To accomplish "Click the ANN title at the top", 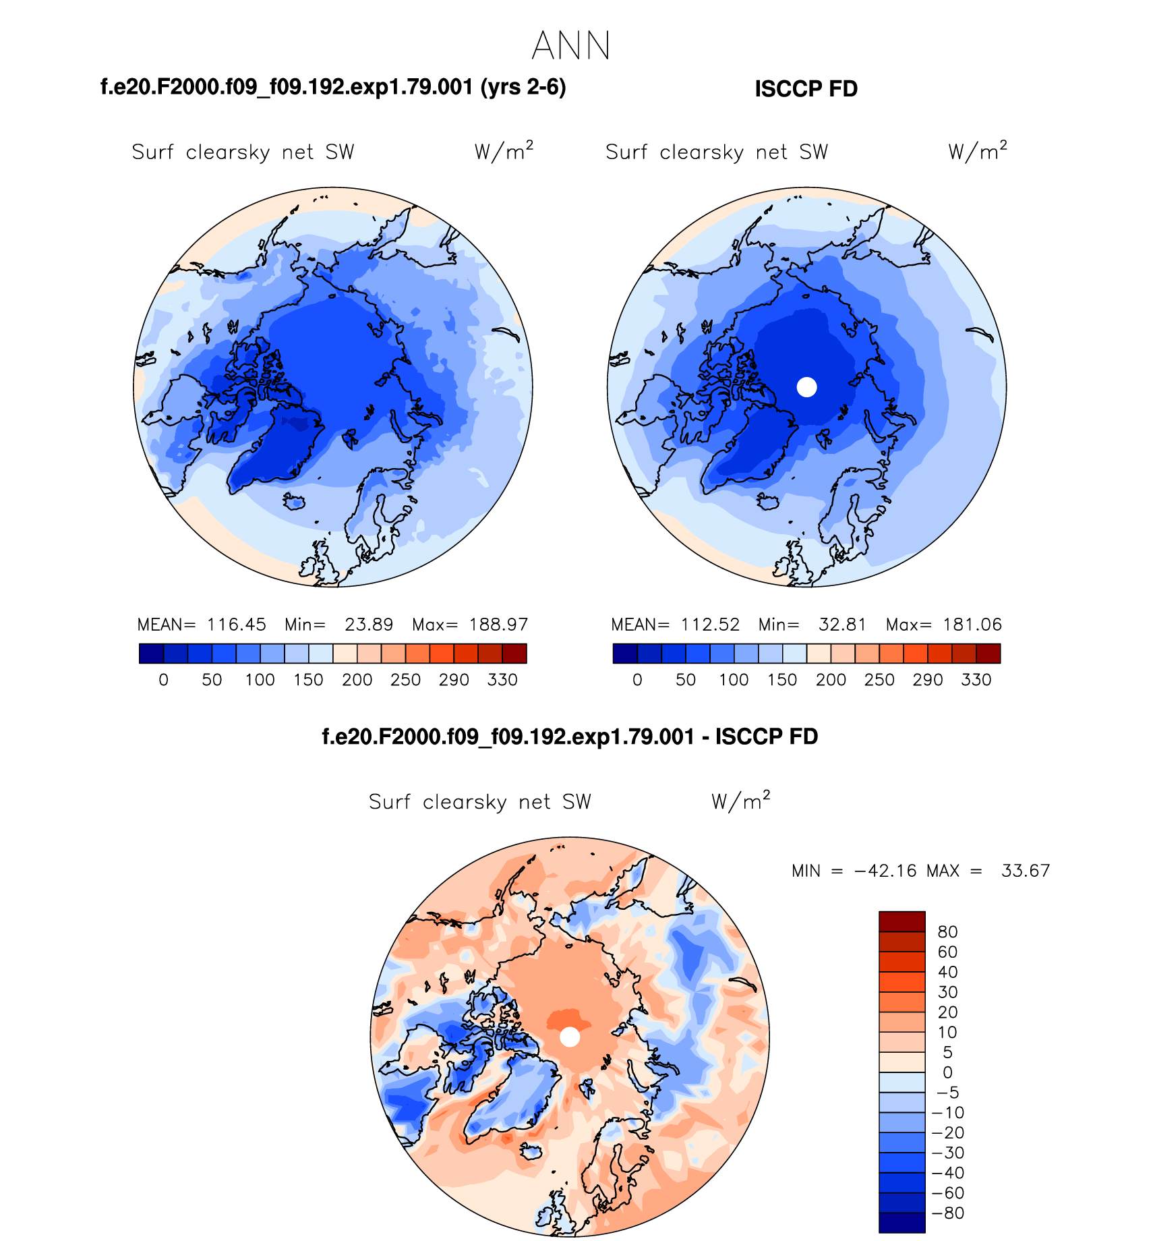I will [570, 47].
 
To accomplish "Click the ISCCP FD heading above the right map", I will [806, 89].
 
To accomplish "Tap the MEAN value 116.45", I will [236, 625].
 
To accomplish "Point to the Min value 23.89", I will [369, 625].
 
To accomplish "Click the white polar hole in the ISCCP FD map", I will [806, 387].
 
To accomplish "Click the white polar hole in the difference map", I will [570, 1037].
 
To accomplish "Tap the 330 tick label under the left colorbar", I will [502, 680].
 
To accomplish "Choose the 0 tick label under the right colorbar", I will [637, 680].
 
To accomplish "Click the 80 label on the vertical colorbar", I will [947, 932].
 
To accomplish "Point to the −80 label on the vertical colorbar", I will [947, 1213].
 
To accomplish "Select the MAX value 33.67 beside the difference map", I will [1026, 871].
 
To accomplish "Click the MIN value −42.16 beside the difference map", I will [885, 871].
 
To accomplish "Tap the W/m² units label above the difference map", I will [740, 801].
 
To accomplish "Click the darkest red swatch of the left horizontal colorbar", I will [514, 654].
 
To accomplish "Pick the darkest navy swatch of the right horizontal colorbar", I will [625, 654].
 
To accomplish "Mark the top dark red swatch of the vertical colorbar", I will [901, 921].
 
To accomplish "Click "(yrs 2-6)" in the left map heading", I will [523, 88].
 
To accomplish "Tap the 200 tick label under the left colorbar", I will [357, 680].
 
